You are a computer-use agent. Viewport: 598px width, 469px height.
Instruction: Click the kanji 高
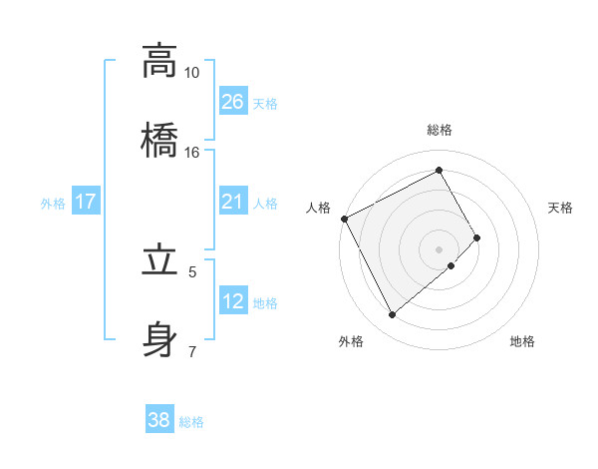(158, 61)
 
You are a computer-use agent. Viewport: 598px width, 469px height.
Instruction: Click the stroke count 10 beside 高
(192, 73)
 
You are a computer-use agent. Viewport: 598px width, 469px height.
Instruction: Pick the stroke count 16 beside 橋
(192, 152)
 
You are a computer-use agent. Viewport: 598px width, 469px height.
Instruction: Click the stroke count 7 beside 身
(192, 350)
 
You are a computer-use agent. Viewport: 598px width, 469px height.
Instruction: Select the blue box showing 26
(233, 102)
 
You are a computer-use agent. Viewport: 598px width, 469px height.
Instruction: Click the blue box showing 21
(233, 202)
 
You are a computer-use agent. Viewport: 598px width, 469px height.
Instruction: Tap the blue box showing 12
(233, 301)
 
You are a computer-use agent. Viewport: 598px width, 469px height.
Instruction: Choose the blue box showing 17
(86, 202)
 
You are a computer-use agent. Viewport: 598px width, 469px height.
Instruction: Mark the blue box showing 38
(159, 420)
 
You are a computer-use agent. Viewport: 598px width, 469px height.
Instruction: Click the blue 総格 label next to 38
(191, 422)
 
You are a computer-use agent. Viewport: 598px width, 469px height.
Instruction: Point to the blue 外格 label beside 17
(53, 203)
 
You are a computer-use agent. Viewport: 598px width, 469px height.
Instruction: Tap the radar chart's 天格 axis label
(560, 208)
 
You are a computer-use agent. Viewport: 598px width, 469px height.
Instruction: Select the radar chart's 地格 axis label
(522, 341)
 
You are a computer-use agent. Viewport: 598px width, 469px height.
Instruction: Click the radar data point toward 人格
(344, 219)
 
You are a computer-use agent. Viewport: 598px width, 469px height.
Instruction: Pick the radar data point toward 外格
(392, 315)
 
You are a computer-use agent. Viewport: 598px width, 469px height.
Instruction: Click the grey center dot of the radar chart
(439, 248)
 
